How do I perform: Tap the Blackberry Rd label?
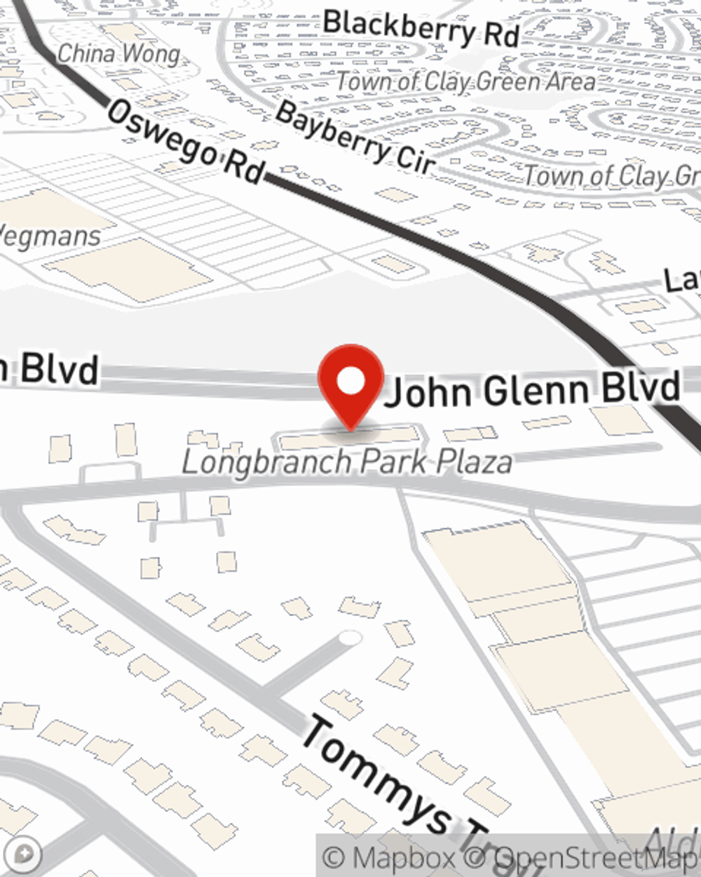click(x=421, y=28)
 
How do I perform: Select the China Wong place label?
click(x=118, y=53)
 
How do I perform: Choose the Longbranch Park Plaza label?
click(x=347, y=462)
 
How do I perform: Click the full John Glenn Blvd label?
click(x=533, y=389)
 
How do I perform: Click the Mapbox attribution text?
click(x=390, y=857)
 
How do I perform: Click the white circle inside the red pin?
click(x=351, y=382)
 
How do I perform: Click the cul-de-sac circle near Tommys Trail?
click(x=349, y=638)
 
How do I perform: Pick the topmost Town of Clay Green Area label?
click(x=465, y=82)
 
